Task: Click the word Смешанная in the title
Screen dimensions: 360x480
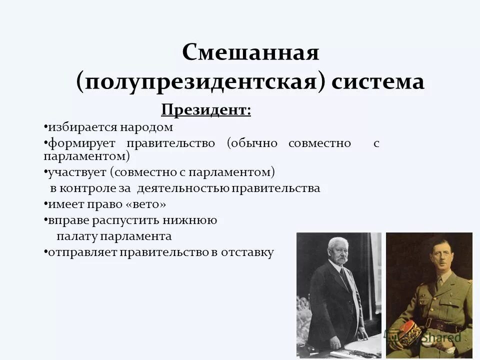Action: [x=250, y=52]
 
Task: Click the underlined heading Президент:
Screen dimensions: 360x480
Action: [x=206, y=109]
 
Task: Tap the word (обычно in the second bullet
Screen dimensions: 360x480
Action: [x=252, y=143]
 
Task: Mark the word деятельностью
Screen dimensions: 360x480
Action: [x=182, y=189]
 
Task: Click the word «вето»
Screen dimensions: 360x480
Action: [x=145, y=204]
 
